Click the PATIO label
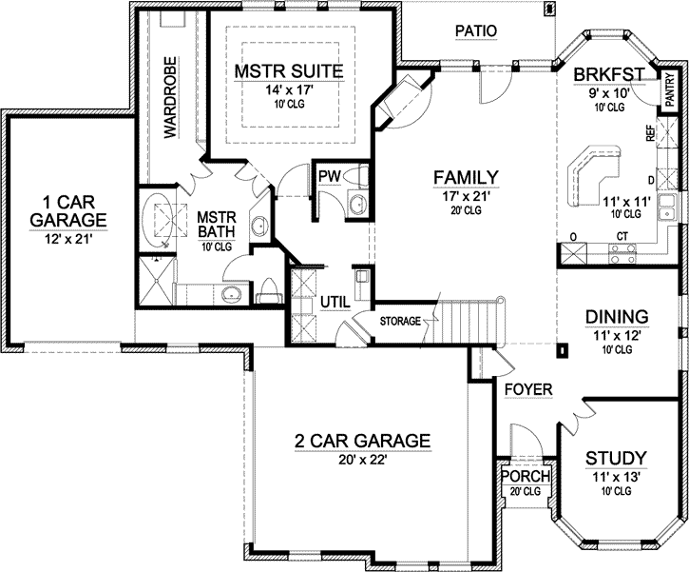click(x=475, y=30)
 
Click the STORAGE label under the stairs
click(x=400, y=322)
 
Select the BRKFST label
click(x=610, y=75)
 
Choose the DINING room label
click(x=616, y=316)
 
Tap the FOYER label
click(x=524, y=389)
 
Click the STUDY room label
click(x=616, y=457)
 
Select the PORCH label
click(x=525, y=476)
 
